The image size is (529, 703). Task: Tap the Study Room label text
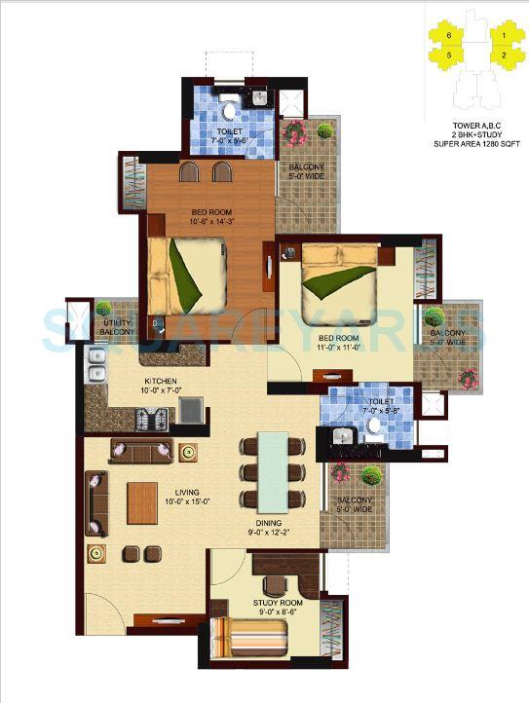[278, 604]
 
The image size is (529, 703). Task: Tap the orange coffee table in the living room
[142, 502]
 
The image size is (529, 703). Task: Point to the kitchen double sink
[96, 366]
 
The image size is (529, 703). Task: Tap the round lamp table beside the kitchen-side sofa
[187, 451]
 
